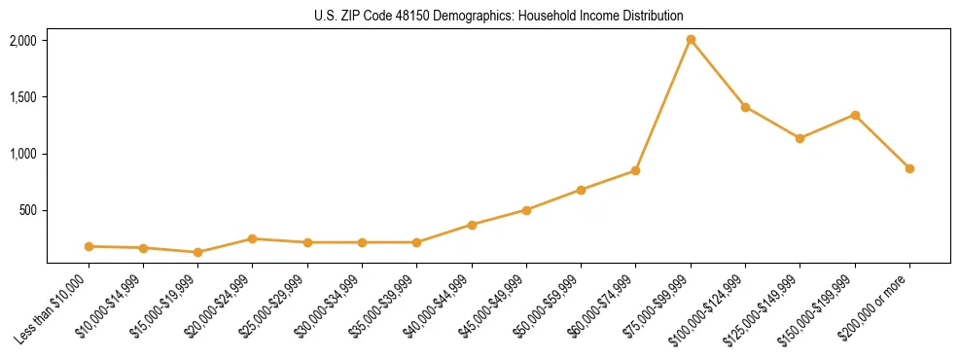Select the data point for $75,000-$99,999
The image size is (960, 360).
tap(691, 40)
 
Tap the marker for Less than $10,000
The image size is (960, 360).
tap(89, 246)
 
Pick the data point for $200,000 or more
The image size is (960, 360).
tap(909, 168)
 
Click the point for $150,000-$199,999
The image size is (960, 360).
tap(855, 115)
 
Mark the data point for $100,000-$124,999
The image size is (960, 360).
tap(745, 107)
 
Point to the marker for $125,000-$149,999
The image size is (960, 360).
tap(800, 138)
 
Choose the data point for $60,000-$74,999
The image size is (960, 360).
tap(635, 170)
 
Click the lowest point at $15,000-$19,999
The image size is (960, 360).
tap(197, 252)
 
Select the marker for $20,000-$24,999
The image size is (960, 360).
tap(253, 238)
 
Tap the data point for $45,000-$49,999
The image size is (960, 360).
tap(526, 210)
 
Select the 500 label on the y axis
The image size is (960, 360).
tap(27, 210)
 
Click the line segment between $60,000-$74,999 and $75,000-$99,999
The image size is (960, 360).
tap(663, 105)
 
